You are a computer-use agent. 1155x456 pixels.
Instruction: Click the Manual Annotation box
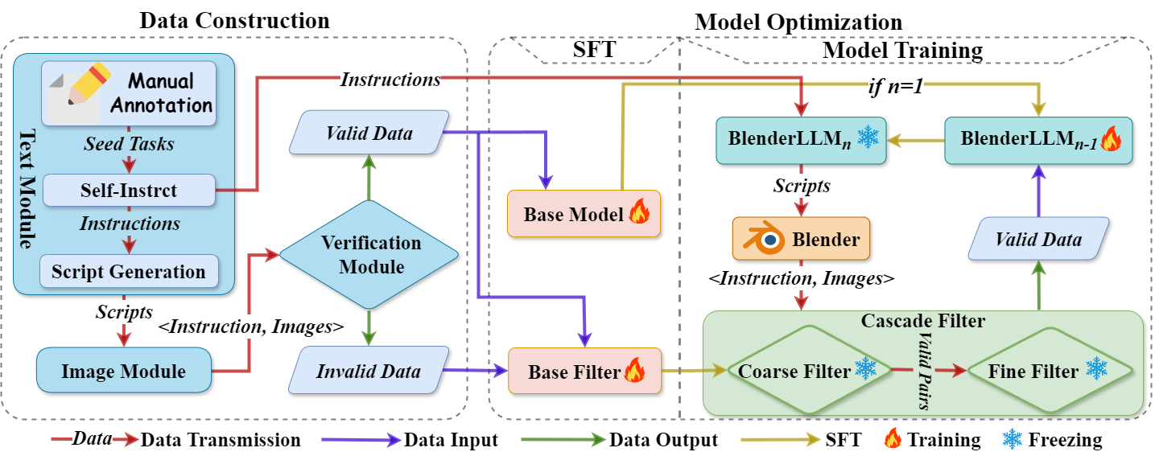pos(129,92)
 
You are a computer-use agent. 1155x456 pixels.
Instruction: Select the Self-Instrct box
pos(129,191)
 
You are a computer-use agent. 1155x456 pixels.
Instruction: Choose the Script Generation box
pos(129,271)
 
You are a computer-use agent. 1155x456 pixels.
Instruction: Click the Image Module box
pos(123,371)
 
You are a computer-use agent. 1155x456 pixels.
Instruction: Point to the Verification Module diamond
pos(369,254)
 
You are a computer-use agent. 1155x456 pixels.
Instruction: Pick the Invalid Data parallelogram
pos(369,371)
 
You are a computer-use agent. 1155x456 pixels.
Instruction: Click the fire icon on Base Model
pos(639,214)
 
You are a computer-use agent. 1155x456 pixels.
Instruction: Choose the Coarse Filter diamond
pos(797,371)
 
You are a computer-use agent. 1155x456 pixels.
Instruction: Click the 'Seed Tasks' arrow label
pos(128,146)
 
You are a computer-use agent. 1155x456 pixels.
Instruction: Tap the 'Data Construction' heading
pos(234,20)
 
